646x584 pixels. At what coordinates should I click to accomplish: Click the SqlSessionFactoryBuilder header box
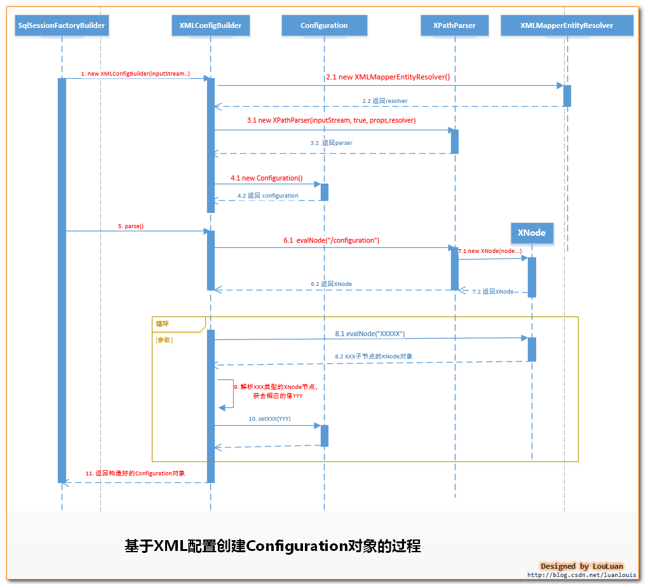tap(62, 25)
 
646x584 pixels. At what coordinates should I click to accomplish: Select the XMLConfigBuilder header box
tap(210, 25)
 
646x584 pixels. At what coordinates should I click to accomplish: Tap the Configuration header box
tap(324, 25)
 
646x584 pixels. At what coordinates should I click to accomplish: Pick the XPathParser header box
tap(454, 25)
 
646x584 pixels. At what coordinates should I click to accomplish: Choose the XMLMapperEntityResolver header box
tap(567, 25)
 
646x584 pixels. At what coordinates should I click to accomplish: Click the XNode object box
tap(531, 233)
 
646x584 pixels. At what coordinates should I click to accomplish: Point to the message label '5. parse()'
tap(130, 226)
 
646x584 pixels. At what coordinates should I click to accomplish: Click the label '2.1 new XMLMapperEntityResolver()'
tap(387, 77)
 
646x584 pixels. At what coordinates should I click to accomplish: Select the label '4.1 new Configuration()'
tap(267, 178)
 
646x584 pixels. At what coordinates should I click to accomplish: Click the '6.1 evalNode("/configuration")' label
tap(332, 240)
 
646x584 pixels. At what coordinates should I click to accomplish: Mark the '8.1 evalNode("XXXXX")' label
tap(370, 333)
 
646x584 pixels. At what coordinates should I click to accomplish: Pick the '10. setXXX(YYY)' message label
tap(269, 419)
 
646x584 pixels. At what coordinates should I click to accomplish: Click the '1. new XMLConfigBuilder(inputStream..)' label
tap(135, 74)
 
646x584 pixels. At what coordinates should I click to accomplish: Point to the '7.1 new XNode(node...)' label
tap(490, 251)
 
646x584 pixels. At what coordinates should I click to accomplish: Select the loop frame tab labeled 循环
tap(163, 323)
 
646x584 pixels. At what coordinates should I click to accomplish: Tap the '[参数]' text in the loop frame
tap(164, 340)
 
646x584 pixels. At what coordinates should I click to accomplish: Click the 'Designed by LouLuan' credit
tap(582, 566)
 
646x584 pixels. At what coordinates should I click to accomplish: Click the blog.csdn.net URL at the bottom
tap(582, 575)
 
